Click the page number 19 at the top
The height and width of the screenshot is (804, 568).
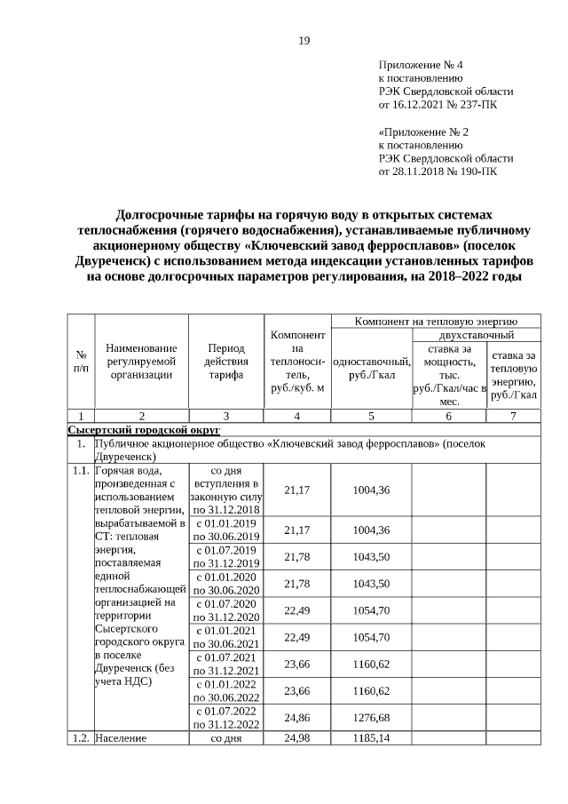(304, 41)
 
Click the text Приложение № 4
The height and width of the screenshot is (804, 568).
(420, 66)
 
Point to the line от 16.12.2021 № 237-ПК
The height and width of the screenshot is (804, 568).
(438, 105)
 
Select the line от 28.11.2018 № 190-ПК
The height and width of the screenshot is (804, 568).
(438, 171)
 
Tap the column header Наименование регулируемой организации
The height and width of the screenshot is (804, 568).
(141, 362)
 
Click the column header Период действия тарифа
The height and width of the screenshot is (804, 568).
(226, 362)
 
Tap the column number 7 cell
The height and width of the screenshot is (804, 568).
(512, 415)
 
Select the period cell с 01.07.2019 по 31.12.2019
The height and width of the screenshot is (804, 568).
(226, 556)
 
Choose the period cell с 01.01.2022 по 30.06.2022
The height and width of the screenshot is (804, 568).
(226, 690)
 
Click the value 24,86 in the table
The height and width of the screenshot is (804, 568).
(296, 717)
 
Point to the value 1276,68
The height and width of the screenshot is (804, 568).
(372, 717)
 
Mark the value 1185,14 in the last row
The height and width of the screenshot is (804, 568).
(372, 737)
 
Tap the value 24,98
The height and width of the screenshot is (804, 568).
(296, 737)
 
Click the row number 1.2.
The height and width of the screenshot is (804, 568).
(80, 738)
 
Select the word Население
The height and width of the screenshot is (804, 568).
(121, 738)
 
